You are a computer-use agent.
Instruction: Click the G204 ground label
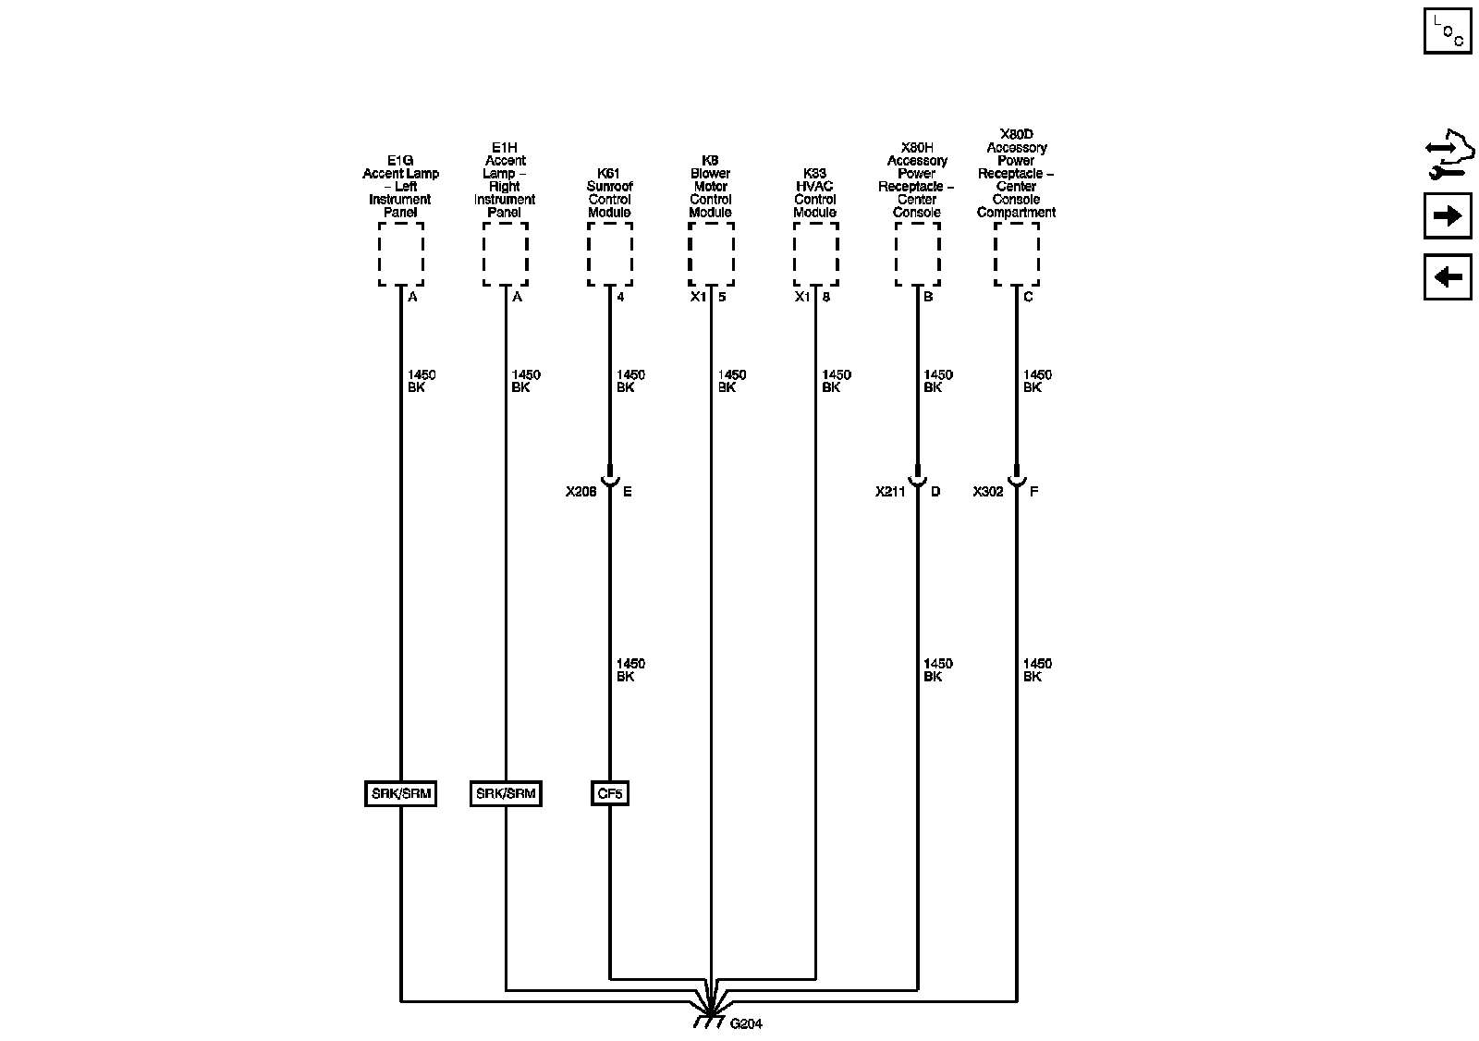tap(746, 1023)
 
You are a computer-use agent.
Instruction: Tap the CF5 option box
tap(609, 793)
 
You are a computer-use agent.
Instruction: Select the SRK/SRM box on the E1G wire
tap(401, 793)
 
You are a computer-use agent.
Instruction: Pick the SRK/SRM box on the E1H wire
tap(506, 793)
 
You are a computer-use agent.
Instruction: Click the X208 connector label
tap(581, 492)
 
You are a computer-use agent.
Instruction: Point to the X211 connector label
tap(890, 492)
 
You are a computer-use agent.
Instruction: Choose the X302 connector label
tap(988, 492)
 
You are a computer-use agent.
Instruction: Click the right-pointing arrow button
tap(1448, 215)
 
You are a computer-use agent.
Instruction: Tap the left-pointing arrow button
tap(1448, 276)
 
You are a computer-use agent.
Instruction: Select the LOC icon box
tap(1448, 31)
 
